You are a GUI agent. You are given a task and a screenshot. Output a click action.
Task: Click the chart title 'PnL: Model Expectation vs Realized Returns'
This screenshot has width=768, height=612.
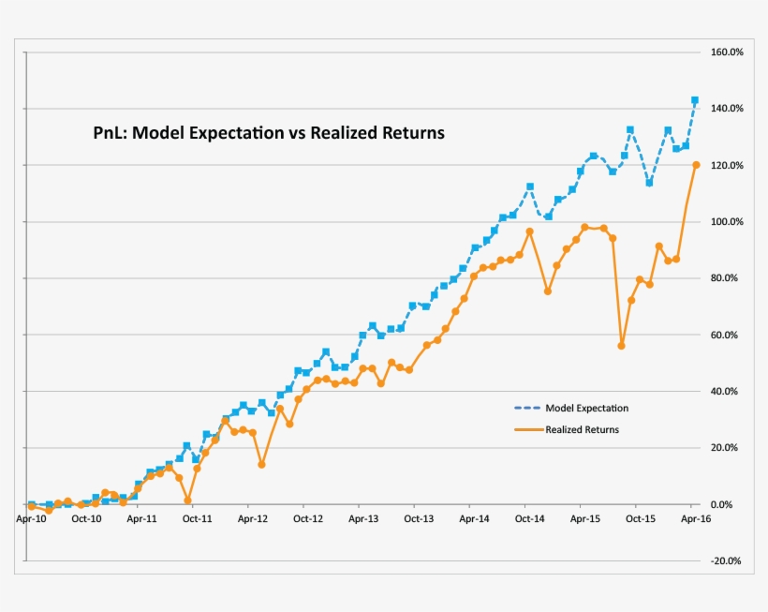[x=268, y=133]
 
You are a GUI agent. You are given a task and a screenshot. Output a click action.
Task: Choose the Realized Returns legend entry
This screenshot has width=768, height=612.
[x=582, y=430]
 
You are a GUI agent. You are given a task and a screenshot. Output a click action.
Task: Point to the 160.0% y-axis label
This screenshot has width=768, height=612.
[x=726, y=52]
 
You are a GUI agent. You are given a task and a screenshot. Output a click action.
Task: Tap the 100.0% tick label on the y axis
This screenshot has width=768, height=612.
[x=726, y=222]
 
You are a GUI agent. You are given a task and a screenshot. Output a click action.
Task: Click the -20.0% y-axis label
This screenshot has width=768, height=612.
[x=726, y=561]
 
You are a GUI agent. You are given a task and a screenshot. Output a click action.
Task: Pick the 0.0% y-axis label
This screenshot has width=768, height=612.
[x=730, y=505]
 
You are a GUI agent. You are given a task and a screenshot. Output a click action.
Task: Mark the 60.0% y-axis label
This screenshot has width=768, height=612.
[x=728, y=336]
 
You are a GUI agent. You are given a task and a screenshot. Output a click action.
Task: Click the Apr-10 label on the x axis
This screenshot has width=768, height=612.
[x=31, y=518]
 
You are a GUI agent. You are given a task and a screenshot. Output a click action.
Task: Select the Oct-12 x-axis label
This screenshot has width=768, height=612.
[x=307, y=518]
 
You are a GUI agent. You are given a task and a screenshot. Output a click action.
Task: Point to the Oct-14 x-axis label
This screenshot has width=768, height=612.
[x=527, y=518]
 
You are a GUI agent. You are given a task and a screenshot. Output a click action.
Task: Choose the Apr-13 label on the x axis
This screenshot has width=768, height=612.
[x=362, y=518]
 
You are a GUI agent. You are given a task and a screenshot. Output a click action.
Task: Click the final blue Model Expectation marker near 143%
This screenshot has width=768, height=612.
[x=695, y=100]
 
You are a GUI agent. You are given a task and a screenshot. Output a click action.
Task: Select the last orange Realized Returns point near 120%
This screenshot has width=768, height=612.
[x=696, y=165]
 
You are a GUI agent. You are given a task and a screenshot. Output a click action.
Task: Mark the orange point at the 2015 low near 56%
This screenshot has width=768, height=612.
[x=621, y=346]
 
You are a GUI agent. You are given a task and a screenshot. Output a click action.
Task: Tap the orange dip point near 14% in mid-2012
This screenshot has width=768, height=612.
[x=261, y=465]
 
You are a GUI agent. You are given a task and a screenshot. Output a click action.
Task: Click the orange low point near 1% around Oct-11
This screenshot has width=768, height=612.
[x=188, y=500]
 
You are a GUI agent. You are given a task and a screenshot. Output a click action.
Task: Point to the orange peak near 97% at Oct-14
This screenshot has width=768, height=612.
[x=530, y=231]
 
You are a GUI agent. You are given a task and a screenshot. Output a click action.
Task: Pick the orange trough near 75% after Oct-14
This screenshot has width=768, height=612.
[x=548, y=291]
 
